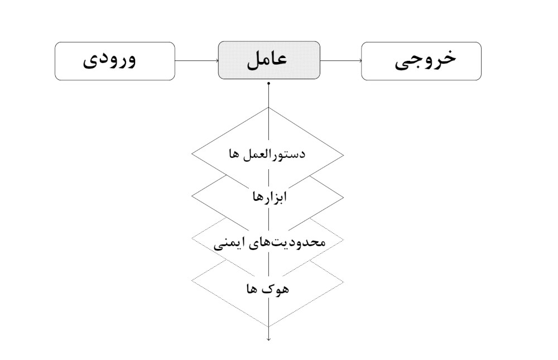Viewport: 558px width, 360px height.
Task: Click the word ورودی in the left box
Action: [109, 60]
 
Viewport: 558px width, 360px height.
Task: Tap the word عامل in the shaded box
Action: [267, 59]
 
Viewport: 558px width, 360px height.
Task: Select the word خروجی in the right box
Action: [425, 60]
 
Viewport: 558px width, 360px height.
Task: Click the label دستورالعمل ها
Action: [267, 154]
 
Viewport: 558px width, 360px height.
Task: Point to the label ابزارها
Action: [270, 196]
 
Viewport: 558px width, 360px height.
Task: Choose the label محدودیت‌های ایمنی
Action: [270, 242]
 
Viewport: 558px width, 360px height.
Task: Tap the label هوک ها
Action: [268, 289]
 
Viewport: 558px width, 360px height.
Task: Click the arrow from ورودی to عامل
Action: [196, 60]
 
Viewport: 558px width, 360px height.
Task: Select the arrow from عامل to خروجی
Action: [341, 60]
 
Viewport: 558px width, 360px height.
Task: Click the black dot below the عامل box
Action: [269, 84]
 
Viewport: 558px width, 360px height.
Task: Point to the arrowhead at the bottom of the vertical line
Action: [269, 339]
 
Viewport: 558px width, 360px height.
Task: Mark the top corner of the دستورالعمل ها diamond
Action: [269, 108]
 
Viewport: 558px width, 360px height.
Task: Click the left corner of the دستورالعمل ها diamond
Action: [192, 155]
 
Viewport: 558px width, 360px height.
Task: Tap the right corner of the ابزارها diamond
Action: [343, 197]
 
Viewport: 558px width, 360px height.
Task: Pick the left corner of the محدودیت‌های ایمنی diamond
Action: [192, 238]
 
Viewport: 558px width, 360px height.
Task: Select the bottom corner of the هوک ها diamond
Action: [269, 327]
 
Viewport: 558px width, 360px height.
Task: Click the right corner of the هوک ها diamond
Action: [343, 282]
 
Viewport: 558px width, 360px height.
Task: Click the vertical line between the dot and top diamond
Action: [269, 96]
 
